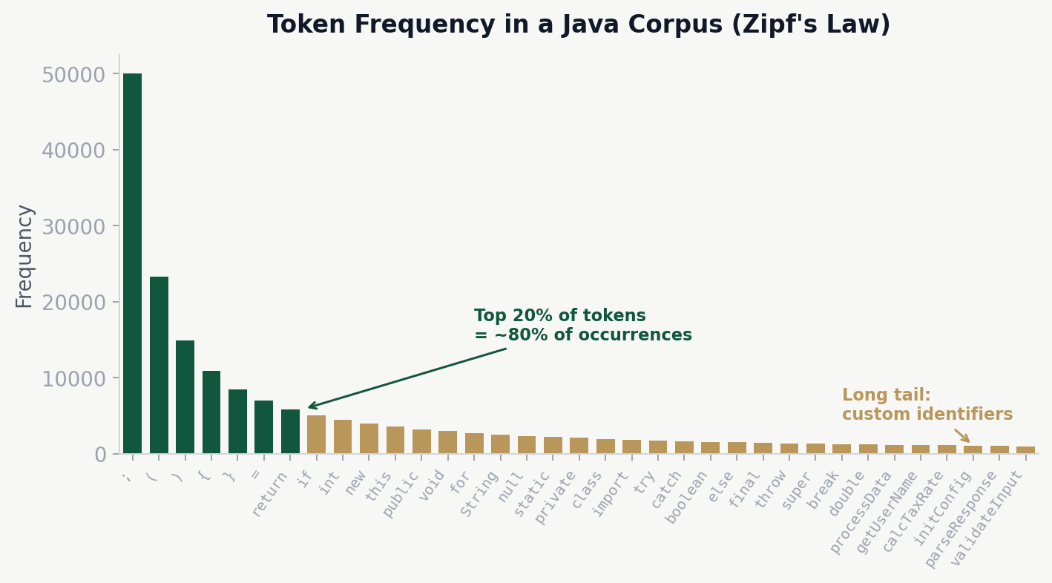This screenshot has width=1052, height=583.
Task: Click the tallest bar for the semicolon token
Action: coord(132,263)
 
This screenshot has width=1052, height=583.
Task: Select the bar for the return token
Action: coord(290,431)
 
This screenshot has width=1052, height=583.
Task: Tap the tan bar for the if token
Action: coord(316,435)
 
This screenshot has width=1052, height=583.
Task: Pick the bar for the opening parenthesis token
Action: coord(159,365)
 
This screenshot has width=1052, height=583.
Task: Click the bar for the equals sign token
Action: coord(263,426)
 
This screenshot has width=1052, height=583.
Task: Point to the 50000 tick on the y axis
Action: coord(72,75)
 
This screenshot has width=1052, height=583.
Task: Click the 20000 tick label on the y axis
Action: coord(72,303)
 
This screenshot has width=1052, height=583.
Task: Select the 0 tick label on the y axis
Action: coord(100,454)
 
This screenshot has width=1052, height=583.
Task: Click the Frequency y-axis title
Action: coord(24,256)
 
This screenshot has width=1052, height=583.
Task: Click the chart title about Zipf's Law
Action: coord(578,25)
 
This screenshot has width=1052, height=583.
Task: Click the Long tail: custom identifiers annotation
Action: coord(927,405)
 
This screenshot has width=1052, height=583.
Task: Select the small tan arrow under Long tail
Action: coord(962,435)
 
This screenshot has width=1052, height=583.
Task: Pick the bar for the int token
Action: coord(343,436)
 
